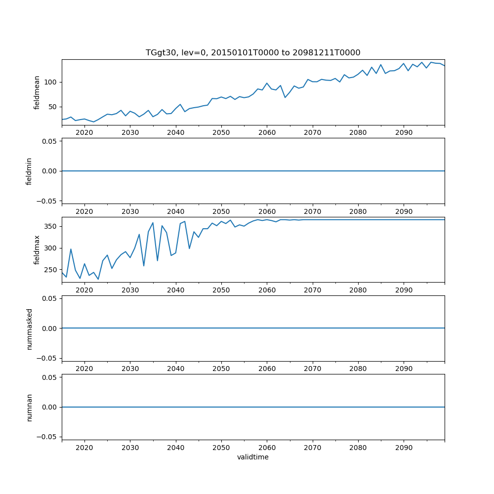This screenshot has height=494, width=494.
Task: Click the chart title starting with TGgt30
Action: (253, 53)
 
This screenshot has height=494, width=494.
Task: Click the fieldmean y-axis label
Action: (37, 92)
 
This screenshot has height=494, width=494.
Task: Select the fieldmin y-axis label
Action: (29, 171)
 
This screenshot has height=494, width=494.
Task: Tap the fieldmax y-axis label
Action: (37, 250)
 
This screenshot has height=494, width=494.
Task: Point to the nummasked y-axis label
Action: (29, 329)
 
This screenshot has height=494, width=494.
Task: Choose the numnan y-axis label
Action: (29, 407)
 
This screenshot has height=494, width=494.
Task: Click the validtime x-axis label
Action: (253, 457)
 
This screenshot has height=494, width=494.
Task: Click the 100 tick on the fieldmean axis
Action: (51, 82)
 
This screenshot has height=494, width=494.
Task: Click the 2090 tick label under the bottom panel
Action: (404, 448)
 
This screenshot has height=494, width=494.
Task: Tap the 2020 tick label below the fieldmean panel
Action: (84, 133)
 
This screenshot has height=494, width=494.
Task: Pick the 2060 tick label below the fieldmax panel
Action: (267, 290)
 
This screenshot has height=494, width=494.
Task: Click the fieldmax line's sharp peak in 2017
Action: (71, 249)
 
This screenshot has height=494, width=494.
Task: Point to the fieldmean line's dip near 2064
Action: (285, 97)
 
